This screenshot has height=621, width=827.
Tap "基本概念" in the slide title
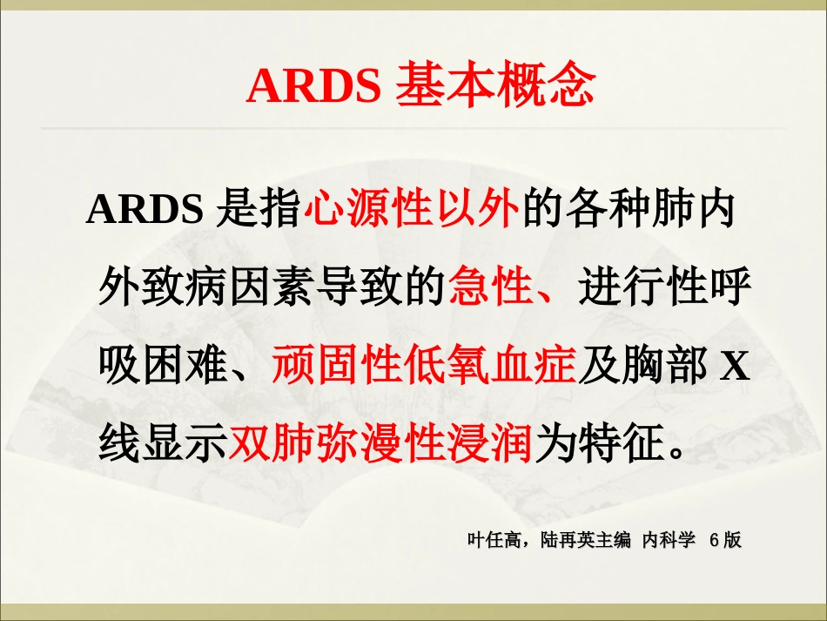tap(495, 85)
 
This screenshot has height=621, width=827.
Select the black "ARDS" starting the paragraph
tap(145, 211)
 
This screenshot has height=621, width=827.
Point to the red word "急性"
tap(491, 289)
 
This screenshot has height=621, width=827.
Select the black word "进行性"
tap(642, 289)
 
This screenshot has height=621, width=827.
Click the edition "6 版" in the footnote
tap(725, 540)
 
